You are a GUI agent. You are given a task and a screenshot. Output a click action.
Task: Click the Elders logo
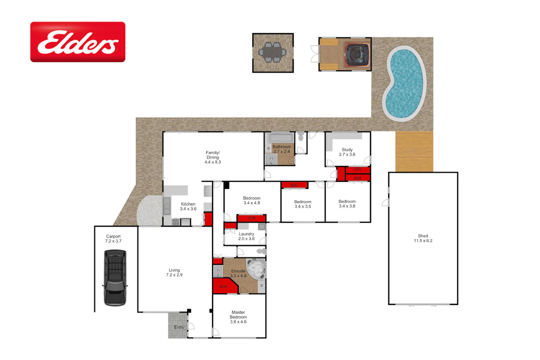coord(78,42)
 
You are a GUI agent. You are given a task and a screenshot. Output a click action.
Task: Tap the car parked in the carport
coord(115,278)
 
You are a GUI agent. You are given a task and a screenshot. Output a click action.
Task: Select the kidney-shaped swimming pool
coord(405,84)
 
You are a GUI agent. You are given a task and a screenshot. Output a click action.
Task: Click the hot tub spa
coord(357,55)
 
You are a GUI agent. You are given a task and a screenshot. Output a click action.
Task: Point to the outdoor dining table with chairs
coord(273,52)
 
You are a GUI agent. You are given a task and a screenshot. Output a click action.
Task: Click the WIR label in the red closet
coord(223,287)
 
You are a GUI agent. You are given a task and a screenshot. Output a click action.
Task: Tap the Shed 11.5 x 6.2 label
coord(423,238)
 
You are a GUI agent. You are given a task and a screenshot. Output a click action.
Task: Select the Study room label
coord(347,152)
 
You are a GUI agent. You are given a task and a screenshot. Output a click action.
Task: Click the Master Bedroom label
coord(238,317)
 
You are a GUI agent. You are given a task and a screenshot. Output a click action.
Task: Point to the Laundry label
coord(246,236)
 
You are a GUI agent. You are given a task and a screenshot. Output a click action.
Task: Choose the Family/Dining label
coord(213,157)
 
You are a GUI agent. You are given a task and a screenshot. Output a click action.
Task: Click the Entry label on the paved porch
coord(179,327)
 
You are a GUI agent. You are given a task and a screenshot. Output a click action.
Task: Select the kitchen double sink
coord(167,206)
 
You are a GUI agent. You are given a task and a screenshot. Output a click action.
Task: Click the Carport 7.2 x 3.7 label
coord(113,239)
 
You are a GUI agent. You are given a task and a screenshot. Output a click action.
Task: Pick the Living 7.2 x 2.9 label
coord(174,273)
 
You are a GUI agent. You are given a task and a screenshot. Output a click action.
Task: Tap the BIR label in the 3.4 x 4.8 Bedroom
coord(252,218)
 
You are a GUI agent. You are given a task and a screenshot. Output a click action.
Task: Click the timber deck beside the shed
coord(414,152)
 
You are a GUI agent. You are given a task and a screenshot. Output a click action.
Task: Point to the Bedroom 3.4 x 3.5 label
coord(303,204)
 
